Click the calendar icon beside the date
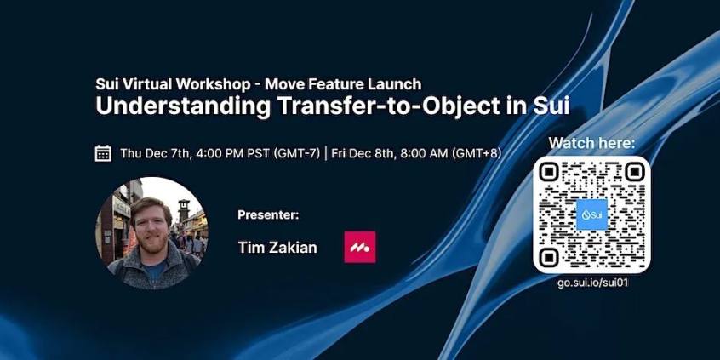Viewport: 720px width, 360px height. click(103, 153)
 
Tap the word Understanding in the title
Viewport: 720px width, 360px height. click(183, 106)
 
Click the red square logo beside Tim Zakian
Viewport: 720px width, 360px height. click(360, 248)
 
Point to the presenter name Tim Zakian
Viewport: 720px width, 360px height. click(277, 248)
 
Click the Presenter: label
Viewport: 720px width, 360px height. click(268, 215)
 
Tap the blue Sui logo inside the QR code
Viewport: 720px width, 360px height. click(591, 214)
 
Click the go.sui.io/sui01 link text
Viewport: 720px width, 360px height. click(592, 283)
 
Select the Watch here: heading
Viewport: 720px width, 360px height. click(591, 143)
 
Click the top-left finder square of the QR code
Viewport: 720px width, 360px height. click(549, 172)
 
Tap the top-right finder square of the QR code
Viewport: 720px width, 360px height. click(634, 172)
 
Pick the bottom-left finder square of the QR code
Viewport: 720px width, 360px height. click(549, 257)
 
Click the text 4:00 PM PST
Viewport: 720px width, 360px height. click(233, 153)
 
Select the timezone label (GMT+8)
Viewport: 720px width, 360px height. click(477, 154)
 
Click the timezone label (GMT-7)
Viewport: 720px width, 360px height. click(296, 154)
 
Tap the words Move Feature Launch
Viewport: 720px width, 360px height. click(343, 84)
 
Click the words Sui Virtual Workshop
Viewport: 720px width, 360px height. click(173, 84)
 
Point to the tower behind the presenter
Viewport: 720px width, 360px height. click(184, 211)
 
